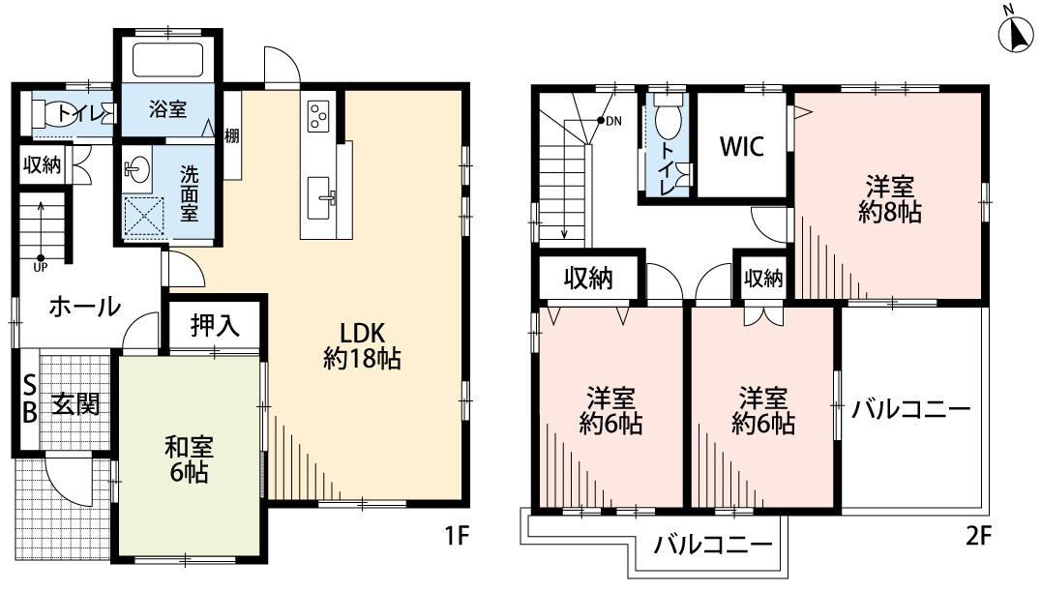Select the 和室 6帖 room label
tap(188, 460)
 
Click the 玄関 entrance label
tap(75, 403)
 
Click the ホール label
tap(84, 307)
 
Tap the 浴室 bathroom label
tap(167, 109)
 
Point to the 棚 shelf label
tap(232, 135)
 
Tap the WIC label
tap(741, 147)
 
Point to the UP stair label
tap(42, 265)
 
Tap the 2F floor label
tap(978, 534)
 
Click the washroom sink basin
tap(135, 170)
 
